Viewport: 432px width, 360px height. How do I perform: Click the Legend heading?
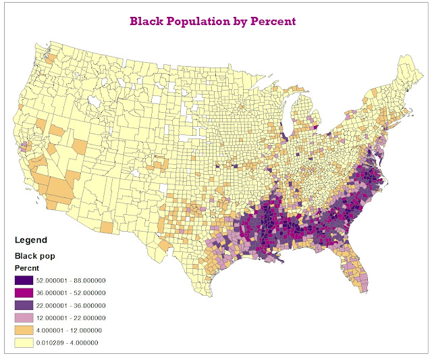click(31, 240)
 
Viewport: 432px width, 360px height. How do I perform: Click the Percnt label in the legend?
click(28, 268)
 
